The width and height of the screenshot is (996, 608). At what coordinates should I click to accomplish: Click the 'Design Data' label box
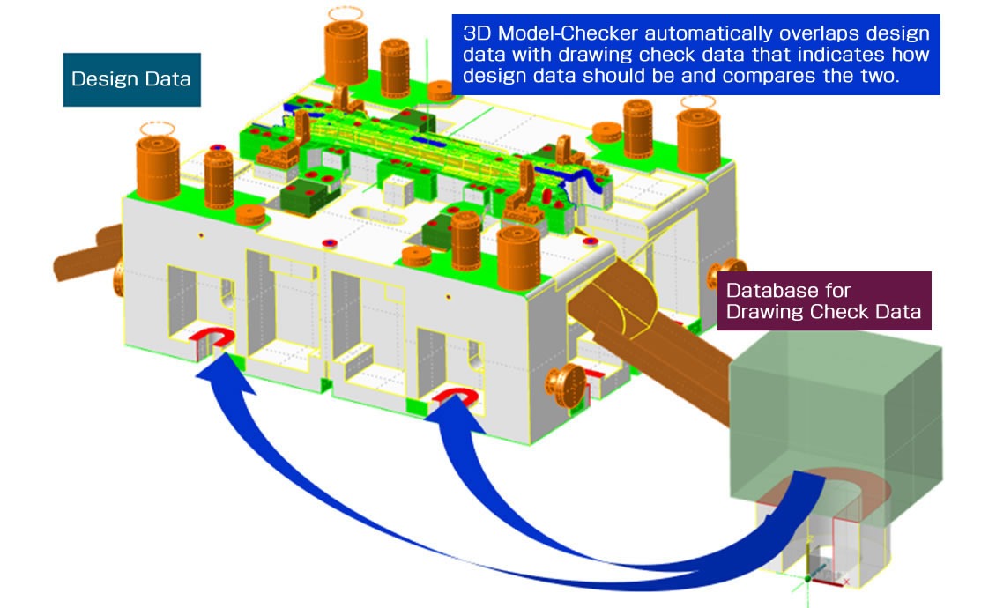click(x=131, y=79)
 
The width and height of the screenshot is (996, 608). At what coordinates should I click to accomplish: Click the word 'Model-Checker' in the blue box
click(x=554, y=33)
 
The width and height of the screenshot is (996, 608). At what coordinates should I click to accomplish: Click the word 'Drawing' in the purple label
click(x=758, y=311)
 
